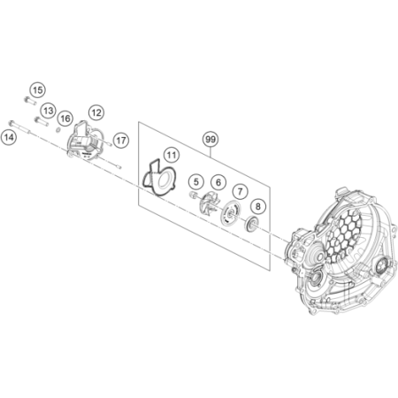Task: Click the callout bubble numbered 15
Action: click(38, 90)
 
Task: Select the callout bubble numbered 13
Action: click(49, 111)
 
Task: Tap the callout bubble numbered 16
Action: click(65, 119)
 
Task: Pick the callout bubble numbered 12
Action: click(96, 112)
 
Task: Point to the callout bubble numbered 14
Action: click(9, 137)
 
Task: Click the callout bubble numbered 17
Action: click(121, 141)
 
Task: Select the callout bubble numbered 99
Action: click(210, 139)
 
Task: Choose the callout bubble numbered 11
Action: click(172, 155)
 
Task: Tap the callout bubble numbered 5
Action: click(196, 182)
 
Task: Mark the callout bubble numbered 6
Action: click(218, 182)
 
